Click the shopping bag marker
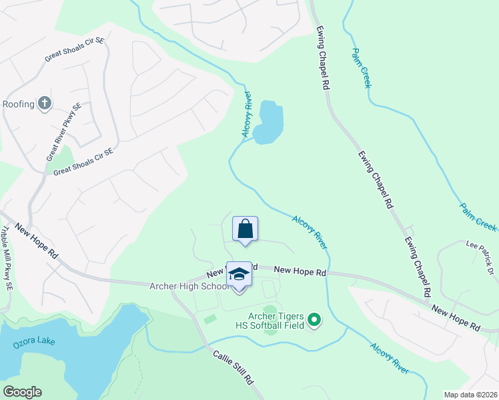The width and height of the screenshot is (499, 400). tap(245, 229)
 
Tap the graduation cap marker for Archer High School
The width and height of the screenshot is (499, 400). tap(239, 275)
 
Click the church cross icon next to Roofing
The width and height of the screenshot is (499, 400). tap(45, 103)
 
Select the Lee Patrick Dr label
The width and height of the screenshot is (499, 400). tap(482, 253)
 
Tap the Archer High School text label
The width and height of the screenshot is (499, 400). tap(189, 287)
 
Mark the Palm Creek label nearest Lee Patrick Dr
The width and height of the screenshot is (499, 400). tap(478, 216)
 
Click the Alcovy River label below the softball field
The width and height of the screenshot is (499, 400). tap(390, 357)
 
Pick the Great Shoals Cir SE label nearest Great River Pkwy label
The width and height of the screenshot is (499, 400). tap(84, 161)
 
